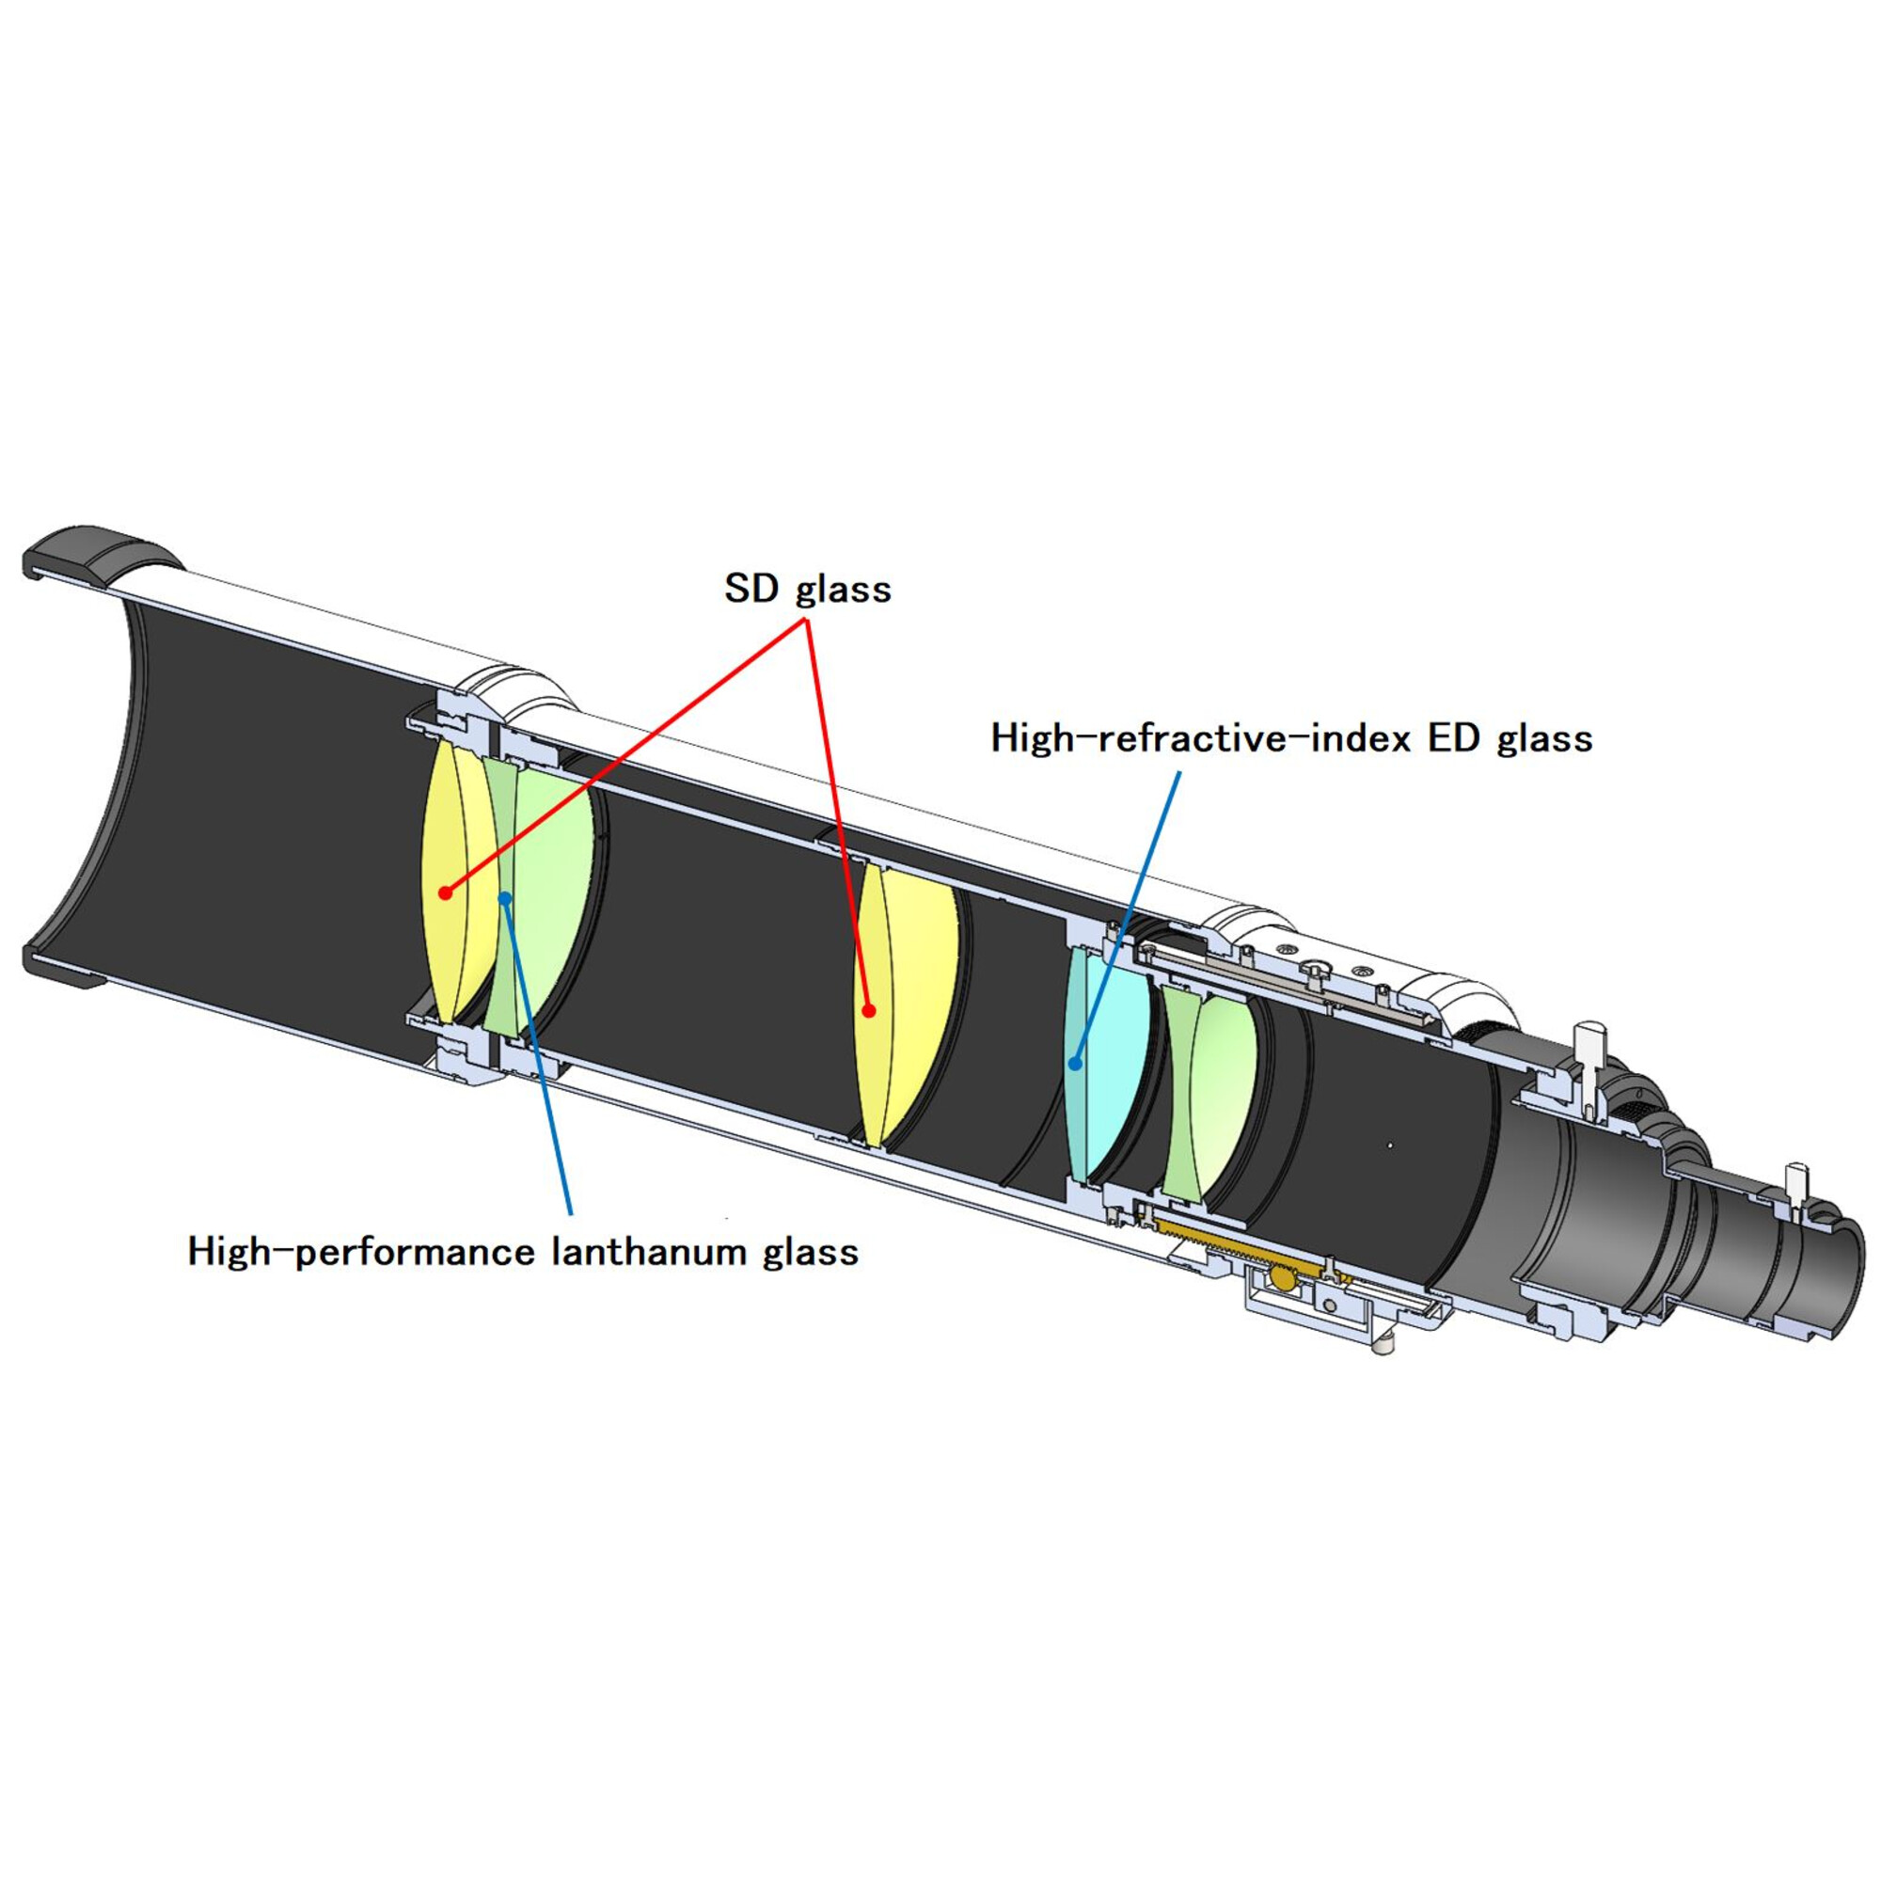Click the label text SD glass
click(807, 589)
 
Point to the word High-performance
click(364, 1252)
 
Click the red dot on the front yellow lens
click(445, 892)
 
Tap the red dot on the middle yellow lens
click(868, 1011)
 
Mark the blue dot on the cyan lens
click(1075, 1064)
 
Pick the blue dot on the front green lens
click(504, 897)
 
